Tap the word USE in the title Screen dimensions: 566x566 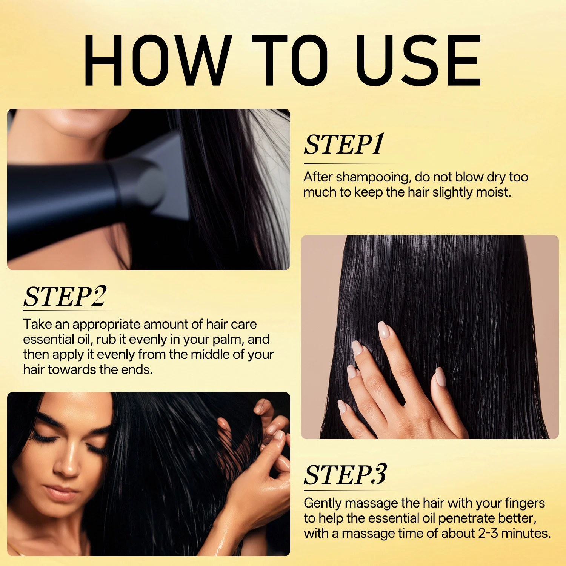tap(418, 60)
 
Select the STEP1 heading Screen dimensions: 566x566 tap(344, 145)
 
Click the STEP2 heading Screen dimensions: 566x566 tap(65, 296)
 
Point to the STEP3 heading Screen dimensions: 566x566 tap(345, 475)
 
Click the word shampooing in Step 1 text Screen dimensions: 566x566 tap(372, 178)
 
